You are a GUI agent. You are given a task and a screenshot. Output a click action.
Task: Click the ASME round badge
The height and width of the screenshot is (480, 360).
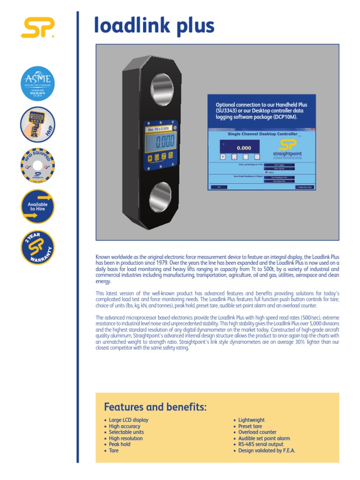[x=38, y=83]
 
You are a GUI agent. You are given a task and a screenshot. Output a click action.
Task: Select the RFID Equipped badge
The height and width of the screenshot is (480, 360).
[x=38, y=166]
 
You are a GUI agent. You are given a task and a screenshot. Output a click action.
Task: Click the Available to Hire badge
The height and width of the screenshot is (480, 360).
[x=38, y=206]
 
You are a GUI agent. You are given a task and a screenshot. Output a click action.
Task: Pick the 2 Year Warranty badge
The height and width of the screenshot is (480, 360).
[x=38, y=247]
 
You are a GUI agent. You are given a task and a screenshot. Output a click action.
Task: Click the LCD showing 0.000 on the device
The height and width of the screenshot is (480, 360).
[x=160, y=141]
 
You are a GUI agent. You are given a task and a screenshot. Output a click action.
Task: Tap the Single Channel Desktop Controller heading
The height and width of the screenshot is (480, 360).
[x=262, y=134]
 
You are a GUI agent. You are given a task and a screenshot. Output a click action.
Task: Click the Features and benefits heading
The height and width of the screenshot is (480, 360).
[x=155, y=407]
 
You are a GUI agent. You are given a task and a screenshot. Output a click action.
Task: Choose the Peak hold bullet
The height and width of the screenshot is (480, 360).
[x=120, y=444]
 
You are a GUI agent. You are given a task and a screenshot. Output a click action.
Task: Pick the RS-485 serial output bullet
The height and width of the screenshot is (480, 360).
[x=261, y=444]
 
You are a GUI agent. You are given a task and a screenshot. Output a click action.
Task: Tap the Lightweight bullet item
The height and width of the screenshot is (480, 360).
[x=251, y=420]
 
